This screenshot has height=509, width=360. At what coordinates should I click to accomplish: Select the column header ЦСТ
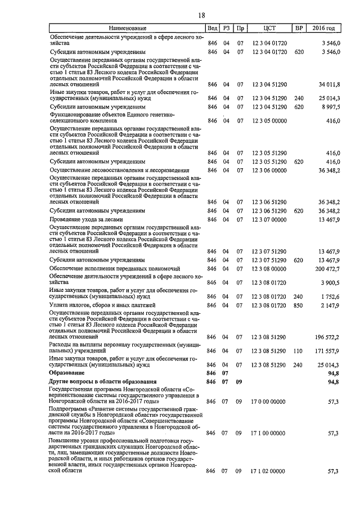click(x=269, y=28)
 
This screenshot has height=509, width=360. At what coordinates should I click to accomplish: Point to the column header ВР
click(x=299, y=28)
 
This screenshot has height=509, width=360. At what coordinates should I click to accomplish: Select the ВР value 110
click(x=299, y=350)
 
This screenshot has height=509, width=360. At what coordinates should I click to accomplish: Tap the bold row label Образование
click(x=67, y=373)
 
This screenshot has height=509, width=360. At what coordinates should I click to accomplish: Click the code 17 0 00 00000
click(x=268, y=402)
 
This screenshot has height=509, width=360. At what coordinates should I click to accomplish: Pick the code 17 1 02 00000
click(x=268, y=471)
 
